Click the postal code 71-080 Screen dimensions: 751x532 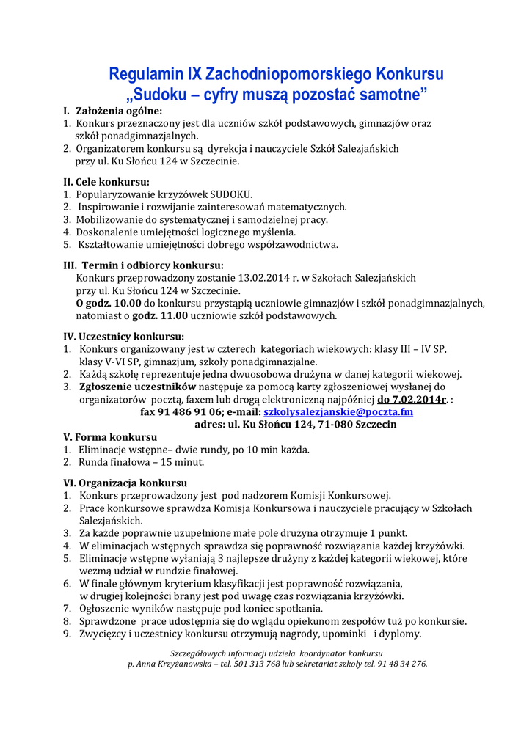pyautogui.click(x=336, y=425)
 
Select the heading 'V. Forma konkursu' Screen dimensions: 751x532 pyautogui.click(x=110, y=436)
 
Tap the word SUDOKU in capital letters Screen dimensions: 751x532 pyautogui.click(x=230, y=194)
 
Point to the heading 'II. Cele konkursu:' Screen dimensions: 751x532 pyautogui.click(x=106, y=181)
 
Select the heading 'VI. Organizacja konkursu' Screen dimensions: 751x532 pyautogui.click(x=125, y=483)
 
